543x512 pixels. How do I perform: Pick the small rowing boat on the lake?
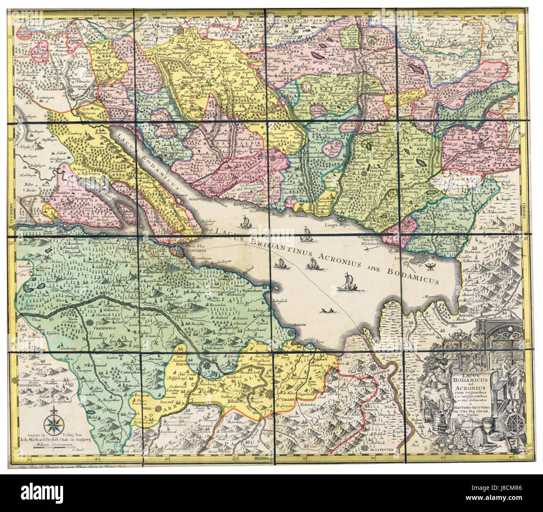coord(328,310)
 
